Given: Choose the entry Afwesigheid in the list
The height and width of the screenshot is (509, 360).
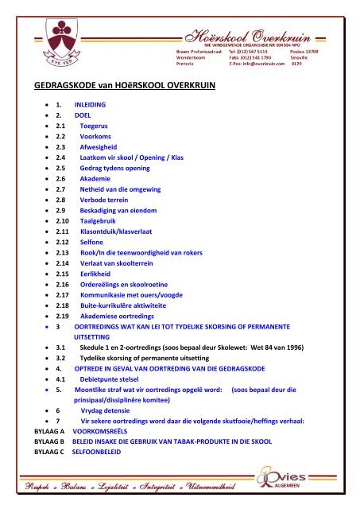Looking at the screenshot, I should (x=101, y=169).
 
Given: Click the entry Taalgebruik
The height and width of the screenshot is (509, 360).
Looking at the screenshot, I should (x=102, y=251).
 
